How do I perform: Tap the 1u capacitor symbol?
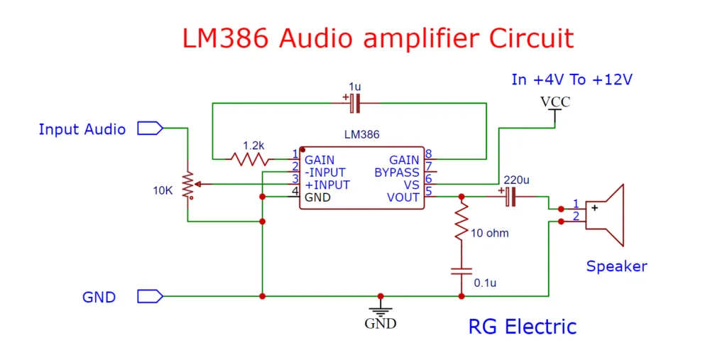coord(356,104)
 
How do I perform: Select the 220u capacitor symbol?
coord(510,197)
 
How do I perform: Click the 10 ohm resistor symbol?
coord(461,222)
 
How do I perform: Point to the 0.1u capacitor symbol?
coord(461,271)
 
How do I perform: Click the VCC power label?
coord(554,102)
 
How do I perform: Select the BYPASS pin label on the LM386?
coord(397,173)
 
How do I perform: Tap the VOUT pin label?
coord(403,197)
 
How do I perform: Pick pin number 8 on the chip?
coord(429,154)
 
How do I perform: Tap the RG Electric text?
coord(522,327)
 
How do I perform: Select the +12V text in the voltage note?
coord(611,80)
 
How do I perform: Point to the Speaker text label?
coord(616,266)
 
